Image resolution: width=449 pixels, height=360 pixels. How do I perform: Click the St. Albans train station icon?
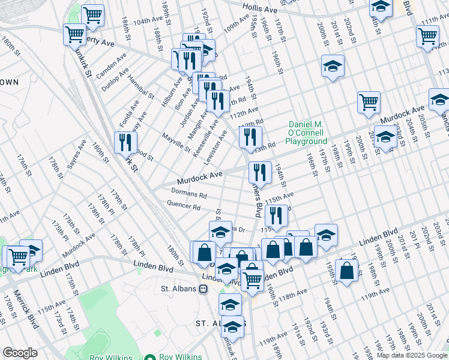click(x=203, y=289)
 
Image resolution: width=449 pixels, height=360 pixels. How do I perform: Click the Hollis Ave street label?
click(x=260, y=8)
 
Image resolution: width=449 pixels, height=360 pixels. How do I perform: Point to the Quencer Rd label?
click(x=184, y=206)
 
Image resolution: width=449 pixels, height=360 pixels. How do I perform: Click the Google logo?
click(x=19, y=353)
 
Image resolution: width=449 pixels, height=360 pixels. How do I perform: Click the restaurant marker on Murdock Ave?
click(x=260, y=172)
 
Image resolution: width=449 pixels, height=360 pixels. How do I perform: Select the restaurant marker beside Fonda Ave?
click(x=125, y=142)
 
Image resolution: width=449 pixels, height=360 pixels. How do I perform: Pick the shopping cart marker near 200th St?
click(x=369, y=101)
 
